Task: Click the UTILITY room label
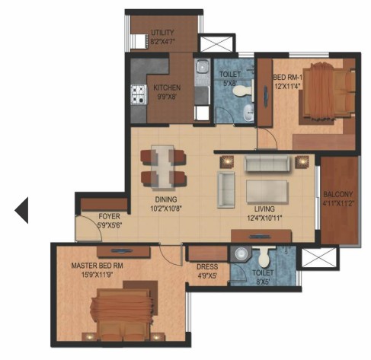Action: [x=162, y=33]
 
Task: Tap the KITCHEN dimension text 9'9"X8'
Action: [x=167, y=97]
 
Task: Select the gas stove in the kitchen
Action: [x=139, y=94]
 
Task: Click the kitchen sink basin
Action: [x=202, y=67]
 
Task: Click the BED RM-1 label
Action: [x=287, y=77]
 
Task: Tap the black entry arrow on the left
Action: [x=21, y=210]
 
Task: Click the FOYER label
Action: [x=109, y=216]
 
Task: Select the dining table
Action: [x=162, y=167]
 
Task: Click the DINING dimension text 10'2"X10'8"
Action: [x=166, y=209]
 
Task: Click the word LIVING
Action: [x=264, y=209]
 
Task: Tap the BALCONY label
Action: [x=338, y=195]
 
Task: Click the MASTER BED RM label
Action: [x=98, y=266]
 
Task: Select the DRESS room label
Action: [x=207, y=266]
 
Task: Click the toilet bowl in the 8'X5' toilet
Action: [x=264, y=257]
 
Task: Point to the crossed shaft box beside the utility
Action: [x=216, y=43]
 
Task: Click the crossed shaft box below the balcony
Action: [x=318, y=257]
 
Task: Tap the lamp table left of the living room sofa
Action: [x=227, y=161]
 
